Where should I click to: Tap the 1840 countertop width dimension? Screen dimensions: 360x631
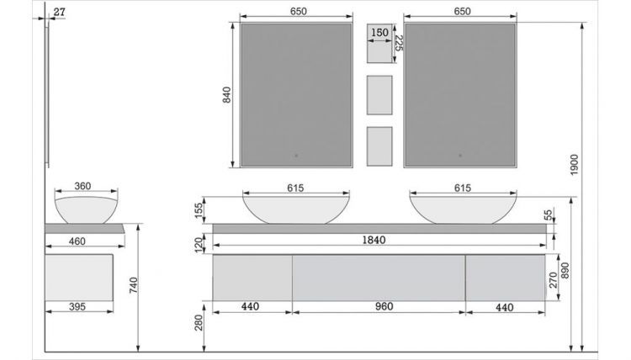(374, 241)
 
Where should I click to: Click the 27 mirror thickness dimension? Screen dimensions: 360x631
(58, 11)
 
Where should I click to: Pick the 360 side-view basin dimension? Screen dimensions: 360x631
(82, 187)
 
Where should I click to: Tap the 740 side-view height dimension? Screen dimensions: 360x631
(134, 286)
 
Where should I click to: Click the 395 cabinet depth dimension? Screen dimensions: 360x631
(77, 307)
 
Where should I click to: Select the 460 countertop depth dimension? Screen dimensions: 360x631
(77, 241)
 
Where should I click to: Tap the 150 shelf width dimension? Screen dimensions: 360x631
(379, 33)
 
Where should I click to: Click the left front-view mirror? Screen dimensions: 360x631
(292, 94)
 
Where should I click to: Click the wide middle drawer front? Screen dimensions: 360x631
(379, 277)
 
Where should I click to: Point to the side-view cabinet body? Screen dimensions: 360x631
(78, 274)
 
